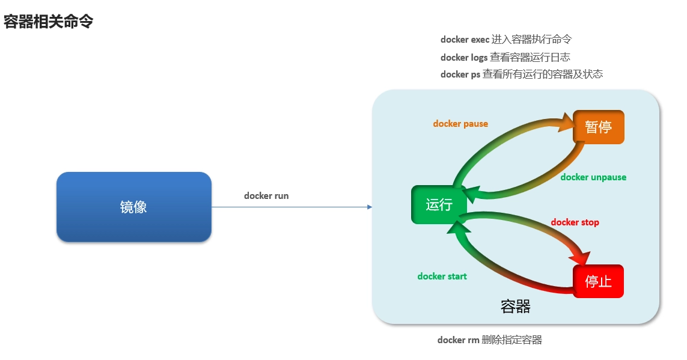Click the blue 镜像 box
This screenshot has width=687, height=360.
(x=133, y=207)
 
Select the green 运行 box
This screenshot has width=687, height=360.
(x=439, y=205)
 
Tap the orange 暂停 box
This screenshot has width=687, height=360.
(x=598, y=127)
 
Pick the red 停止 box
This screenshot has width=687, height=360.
(x=598, y=281)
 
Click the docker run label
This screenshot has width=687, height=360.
(x=266, y=196)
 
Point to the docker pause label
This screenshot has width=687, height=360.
(x=460, y=124)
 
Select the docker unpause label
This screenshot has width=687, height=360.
(x=593, y=177)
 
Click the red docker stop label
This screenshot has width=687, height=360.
(x=575, y=222)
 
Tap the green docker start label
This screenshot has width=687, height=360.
(x=442, y=276)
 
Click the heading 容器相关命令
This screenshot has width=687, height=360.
(x=48, y=22)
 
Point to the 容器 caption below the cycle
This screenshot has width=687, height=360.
(x=515, y=307)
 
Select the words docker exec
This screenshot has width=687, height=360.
(x=465, y=40)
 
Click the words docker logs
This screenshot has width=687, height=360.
(x=463, y=58)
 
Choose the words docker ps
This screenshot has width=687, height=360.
(x=460, y=75)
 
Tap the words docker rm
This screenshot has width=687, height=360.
(x=458, y=340)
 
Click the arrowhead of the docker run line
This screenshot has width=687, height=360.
(x=370, y=207)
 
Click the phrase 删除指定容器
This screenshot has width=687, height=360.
(x=511, y=340)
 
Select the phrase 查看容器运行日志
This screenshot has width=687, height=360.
(x=530, y=58)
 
